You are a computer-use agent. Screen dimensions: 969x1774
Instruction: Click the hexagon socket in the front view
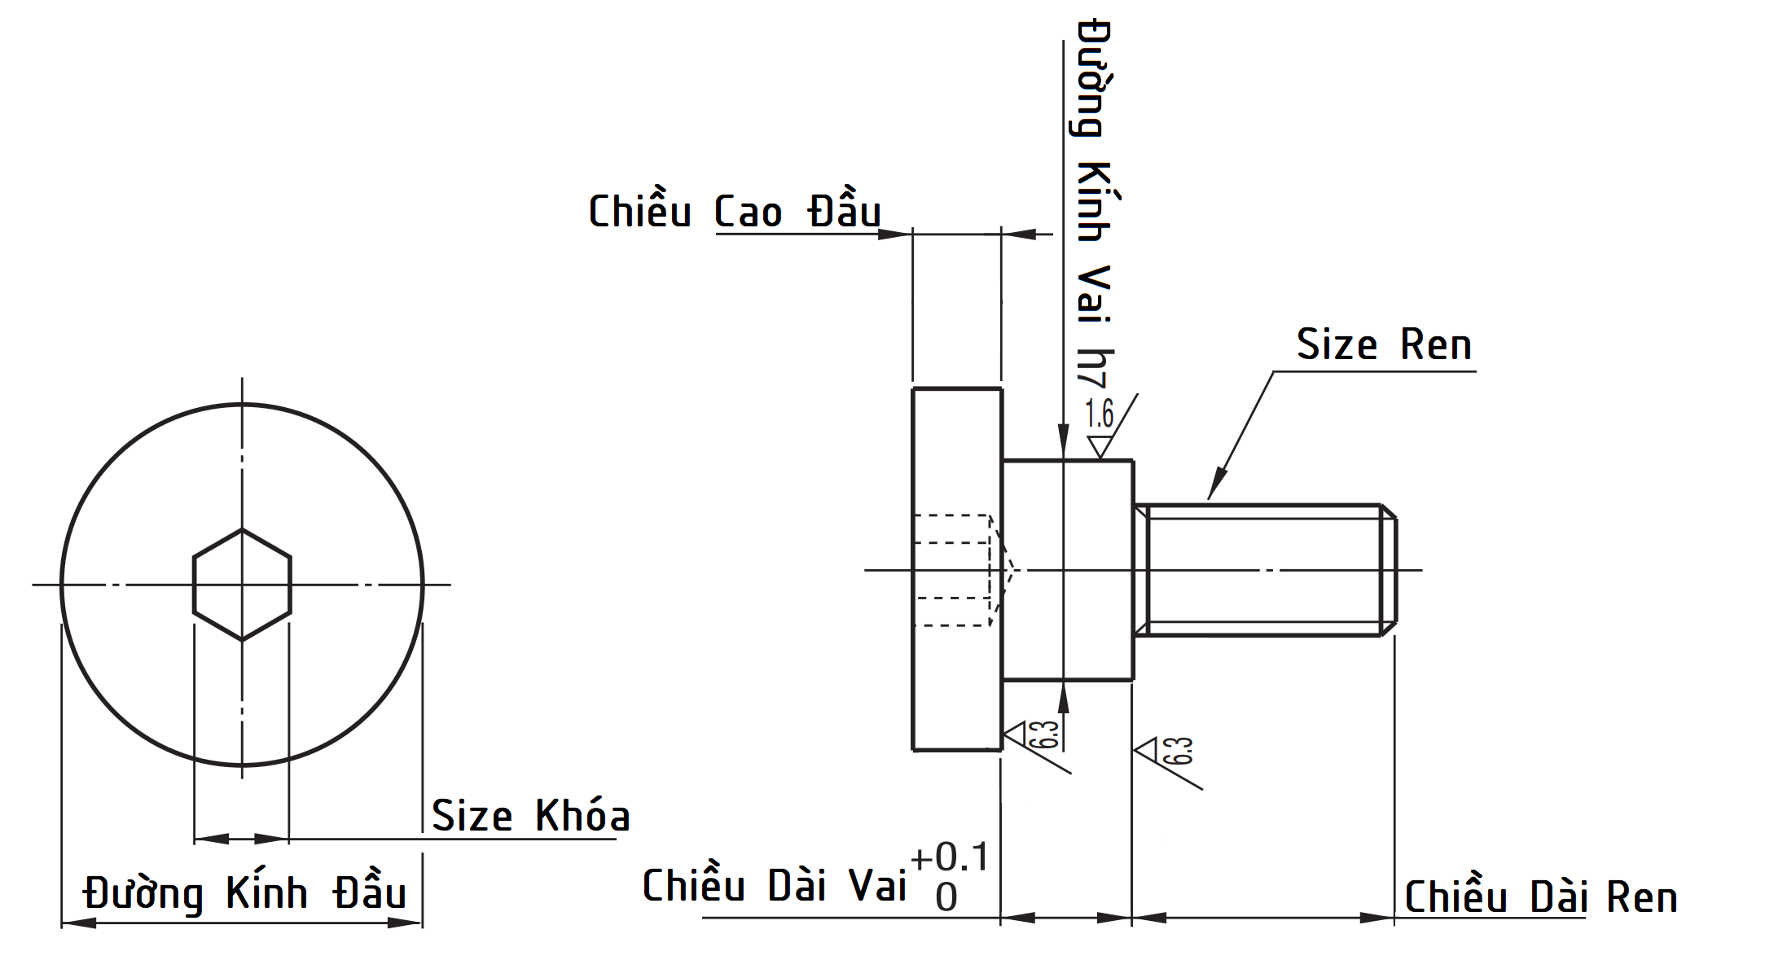pos(242,585)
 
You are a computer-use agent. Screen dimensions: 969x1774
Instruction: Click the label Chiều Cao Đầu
pos(734,212)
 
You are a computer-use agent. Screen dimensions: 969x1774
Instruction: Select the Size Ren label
pos(1384,345)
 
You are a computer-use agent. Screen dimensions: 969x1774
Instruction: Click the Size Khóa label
pos(530,816)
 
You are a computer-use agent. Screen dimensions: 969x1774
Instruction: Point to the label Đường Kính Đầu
pos(244,893)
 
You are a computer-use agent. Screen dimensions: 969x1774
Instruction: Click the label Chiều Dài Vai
pos(774,886)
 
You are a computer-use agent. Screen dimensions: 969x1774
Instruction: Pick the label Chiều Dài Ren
pos(1540,897)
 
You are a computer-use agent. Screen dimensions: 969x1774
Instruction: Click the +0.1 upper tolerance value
pos(950,857)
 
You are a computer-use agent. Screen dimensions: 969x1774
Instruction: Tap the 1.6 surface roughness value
pos(1099,414)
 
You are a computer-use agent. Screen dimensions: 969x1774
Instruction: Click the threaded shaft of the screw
pos(1262,570)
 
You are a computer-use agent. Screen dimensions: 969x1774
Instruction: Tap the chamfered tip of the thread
pos(1390,570)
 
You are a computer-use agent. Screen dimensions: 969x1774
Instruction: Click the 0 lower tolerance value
pos(946,898)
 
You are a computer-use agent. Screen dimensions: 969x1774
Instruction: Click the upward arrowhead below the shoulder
pos(1063,696)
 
